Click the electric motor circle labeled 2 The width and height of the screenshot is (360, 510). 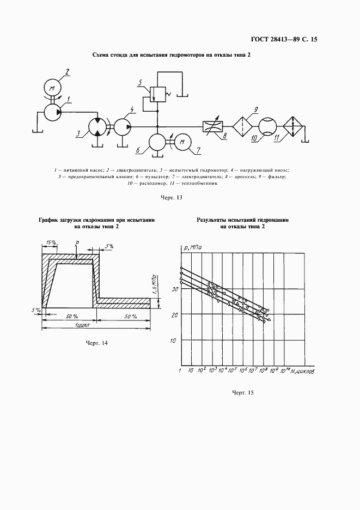coord(52,88)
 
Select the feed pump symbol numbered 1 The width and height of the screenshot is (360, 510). coord(52,112)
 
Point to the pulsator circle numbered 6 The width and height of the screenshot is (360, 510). coord(157,142)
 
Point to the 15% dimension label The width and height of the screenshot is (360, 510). coord(52,242)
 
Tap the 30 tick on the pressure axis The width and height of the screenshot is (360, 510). coord(175,289)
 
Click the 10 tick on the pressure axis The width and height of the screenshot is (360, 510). coord(175,341)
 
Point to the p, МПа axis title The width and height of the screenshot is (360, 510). coord(192,248)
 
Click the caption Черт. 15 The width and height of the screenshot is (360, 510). coord(243,392)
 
